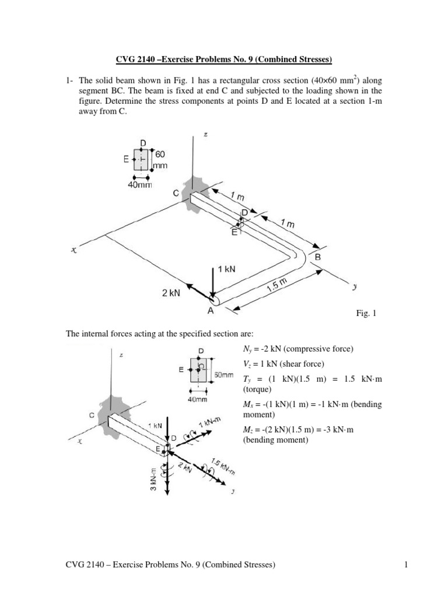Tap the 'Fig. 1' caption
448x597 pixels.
pos(366,314)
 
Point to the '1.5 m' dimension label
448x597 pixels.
pos(277,285)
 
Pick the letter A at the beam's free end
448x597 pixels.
pos(210,311)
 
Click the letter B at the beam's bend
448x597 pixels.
pos(317,257)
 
